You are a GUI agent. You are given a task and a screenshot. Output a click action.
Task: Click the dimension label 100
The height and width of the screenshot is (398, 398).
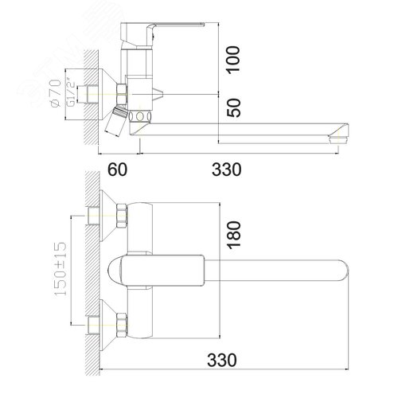point(233,60)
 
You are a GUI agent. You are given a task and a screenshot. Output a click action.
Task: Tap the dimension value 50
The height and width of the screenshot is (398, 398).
point(233,107)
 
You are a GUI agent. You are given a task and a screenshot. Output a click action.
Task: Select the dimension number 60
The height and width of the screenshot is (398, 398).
point(117,170)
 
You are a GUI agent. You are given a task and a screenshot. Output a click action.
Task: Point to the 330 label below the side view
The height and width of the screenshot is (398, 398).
point(227,170)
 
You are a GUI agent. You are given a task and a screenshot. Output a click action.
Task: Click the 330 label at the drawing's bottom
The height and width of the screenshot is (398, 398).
point(222,360)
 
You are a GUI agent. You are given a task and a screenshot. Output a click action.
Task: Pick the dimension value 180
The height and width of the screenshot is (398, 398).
point(234,236)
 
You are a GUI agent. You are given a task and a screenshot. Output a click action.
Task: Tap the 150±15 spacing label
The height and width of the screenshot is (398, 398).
point(60,268)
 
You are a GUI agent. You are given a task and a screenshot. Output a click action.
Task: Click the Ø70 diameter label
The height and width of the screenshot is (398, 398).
point(55,93)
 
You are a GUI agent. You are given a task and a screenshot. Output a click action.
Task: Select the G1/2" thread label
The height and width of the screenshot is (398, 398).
point(71,92)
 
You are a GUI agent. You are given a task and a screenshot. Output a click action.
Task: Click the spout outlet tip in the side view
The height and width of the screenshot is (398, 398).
point(338,139)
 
